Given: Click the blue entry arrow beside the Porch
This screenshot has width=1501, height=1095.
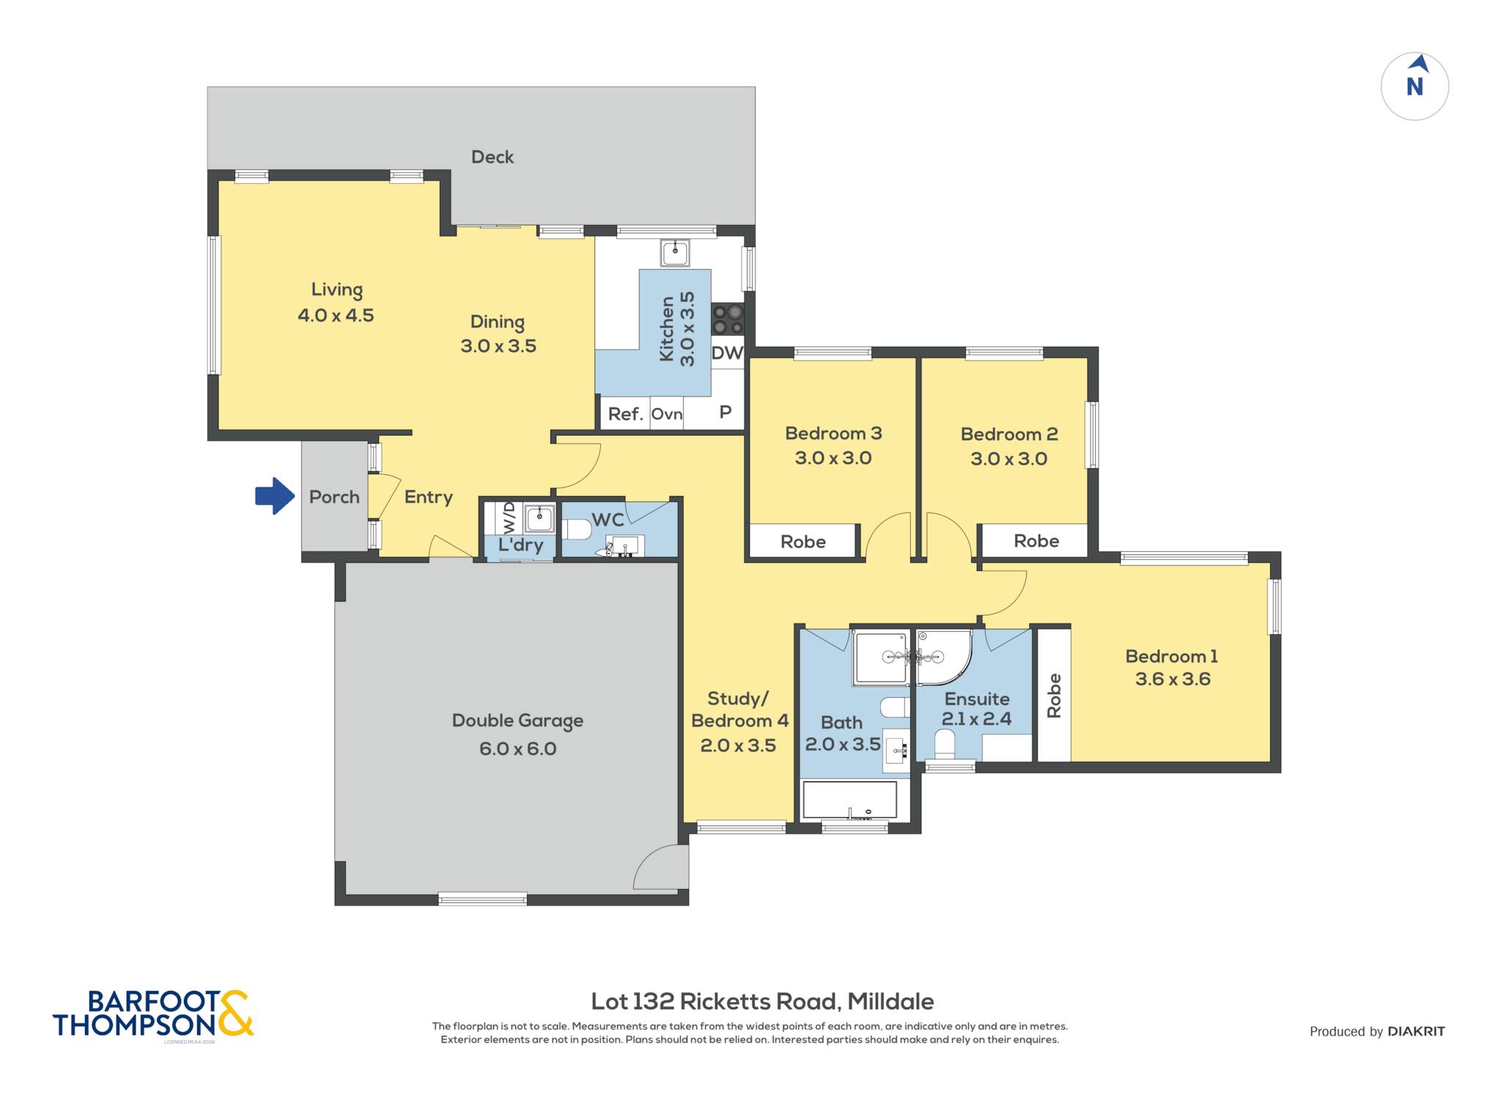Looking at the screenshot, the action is (275, 496).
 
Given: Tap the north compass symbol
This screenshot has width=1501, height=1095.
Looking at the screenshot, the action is (1415, 86).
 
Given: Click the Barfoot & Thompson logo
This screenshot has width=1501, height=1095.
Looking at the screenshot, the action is (153, 1014).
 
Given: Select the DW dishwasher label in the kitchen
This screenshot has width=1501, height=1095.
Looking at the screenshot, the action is (727, 353).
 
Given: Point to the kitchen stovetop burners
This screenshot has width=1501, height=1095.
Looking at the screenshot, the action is (728, 320).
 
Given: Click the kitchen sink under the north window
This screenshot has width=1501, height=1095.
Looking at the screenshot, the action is (674, 253).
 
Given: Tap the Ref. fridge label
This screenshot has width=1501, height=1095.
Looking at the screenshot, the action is (625, 414).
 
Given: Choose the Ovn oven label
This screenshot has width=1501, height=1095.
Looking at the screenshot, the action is (666, 414).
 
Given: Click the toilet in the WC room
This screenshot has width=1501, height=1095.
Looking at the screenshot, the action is (576, 529).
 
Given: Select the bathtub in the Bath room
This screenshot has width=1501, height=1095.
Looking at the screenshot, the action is (850, 800).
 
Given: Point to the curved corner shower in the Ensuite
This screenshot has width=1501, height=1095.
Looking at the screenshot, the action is (943, 657).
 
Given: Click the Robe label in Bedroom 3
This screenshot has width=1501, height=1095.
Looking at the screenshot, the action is (803, 542).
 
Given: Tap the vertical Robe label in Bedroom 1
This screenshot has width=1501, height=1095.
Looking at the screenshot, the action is (1054, 696).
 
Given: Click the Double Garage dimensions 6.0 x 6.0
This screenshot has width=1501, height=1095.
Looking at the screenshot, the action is (517, 748).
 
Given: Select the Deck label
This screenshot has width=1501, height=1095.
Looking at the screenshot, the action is (493, 157).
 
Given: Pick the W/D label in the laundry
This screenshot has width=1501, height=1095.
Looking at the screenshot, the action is (509, 517).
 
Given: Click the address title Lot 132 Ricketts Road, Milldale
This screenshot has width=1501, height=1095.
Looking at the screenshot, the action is (762, 1001).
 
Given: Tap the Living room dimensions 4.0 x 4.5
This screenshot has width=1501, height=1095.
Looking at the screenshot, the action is (336, 315).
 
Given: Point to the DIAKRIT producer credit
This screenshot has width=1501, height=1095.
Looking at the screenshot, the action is (1416, 1031).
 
